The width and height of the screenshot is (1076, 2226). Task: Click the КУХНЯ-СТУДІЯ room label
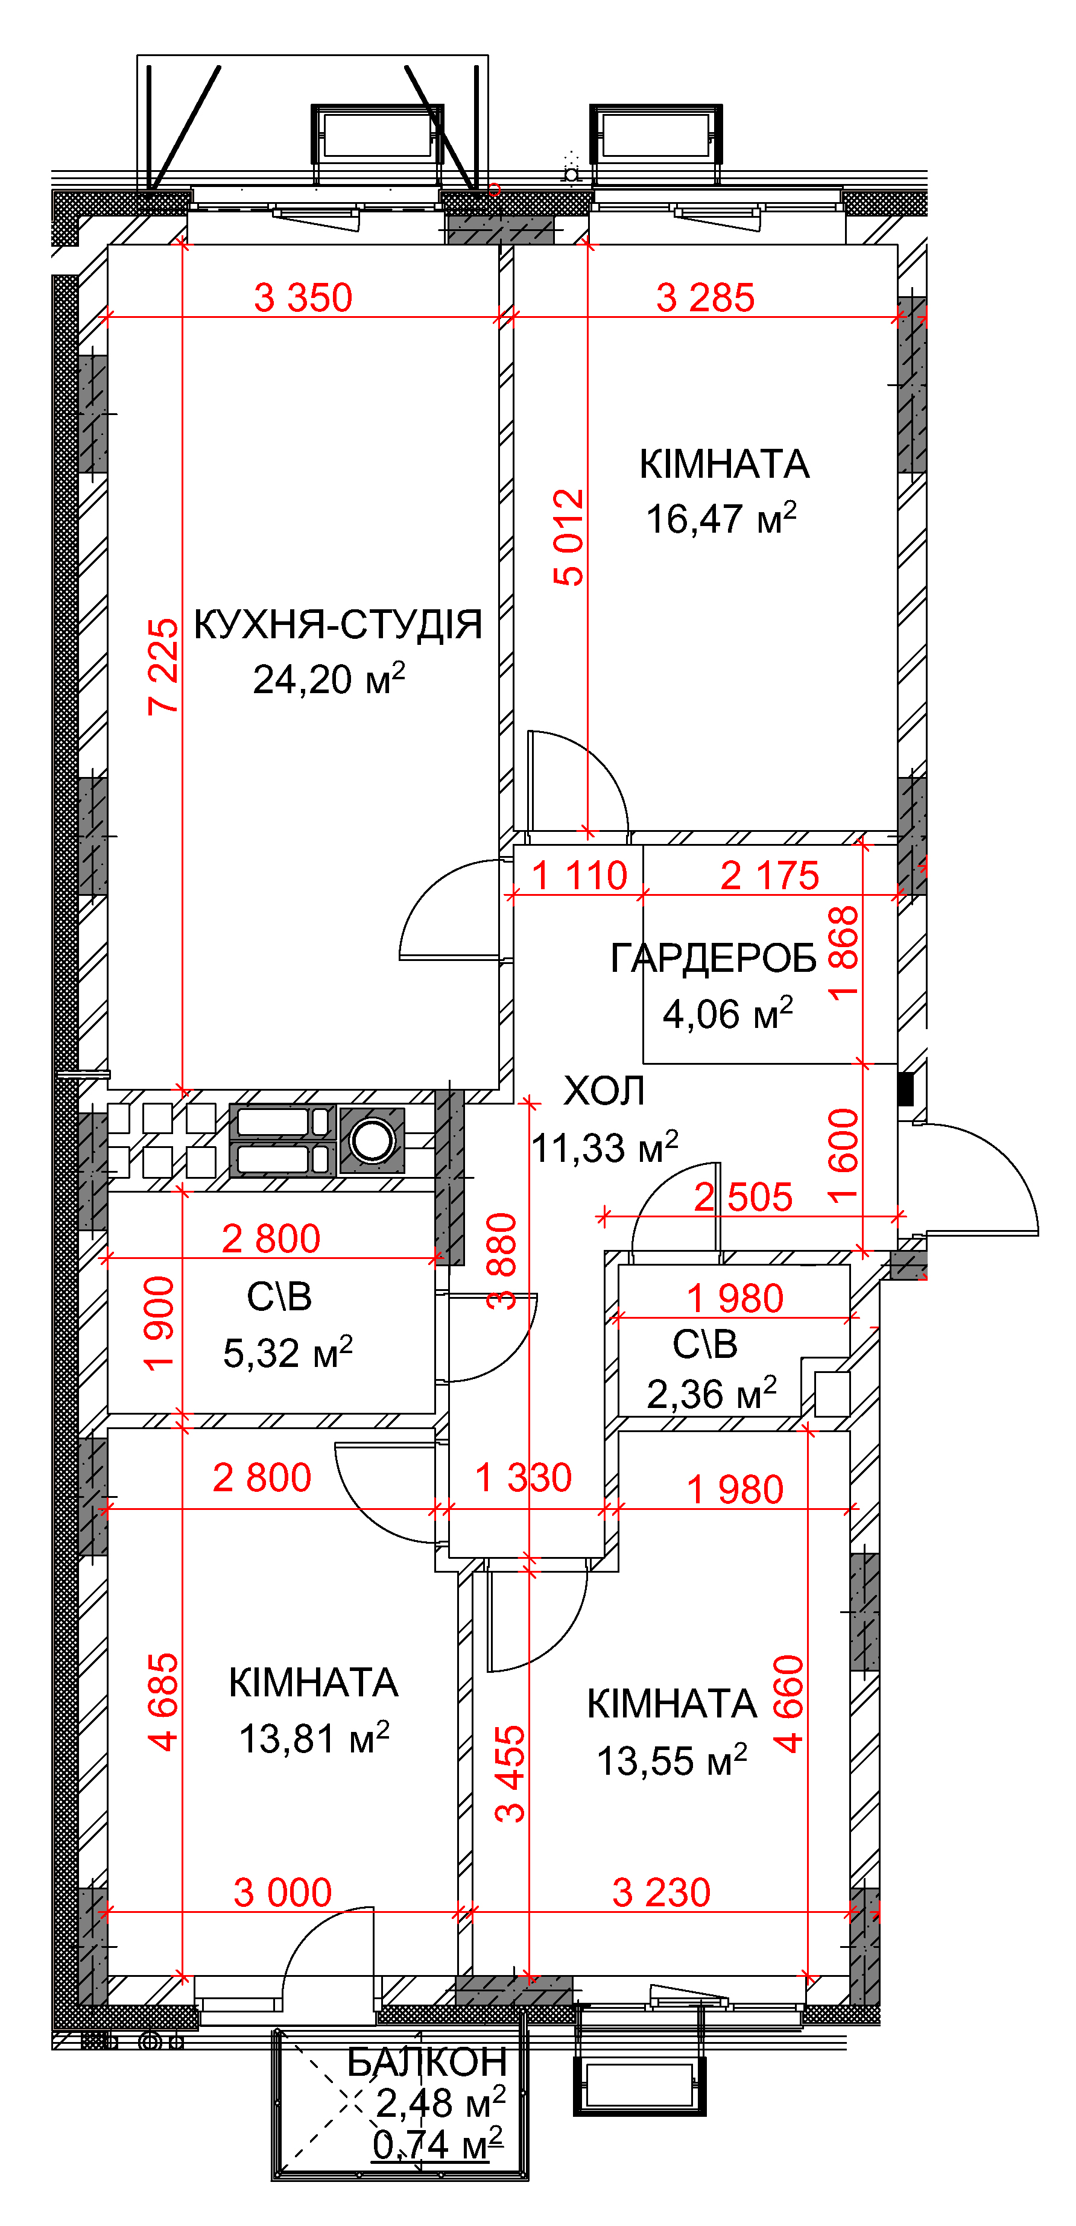point(338,624)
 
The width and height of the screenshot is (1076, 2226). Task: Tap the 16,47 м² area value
point(721,518)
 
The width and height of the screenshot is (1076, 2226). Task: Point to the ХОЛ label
point(604,1091)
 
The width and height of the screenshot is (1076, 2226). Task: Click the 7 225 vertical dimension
point(163,666)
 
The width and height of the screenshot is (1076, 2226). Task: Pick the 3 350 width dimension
point(303,297)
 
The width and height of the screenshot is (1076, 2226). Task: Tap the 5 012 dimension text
point(569,537)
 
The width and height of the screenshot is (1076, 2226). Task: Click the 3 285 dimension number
point(705,297)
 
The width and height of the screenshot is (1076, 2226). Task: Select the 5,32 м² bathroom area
point(288,1352)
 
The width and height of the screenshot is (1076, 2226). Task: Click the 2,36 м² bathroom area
point(711,1393)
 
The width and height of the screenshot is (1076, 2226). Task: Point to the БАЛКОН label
point(427,2062)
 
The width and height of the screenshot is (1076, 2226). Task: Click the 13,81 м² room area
point(314,1738)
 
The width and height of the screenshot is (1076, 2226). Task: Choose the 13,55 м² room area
point(671,1759)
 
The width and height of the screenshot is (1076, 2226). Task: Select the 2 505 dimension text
point(743,1197)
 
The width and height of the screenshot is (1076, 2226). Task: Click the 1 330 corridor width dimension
point(524,1477)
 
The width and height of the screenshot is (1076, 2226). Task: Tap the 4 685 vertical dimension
point(163,1702)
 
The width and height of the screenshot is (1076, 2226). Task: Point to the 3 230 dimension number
point(661,1892)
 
